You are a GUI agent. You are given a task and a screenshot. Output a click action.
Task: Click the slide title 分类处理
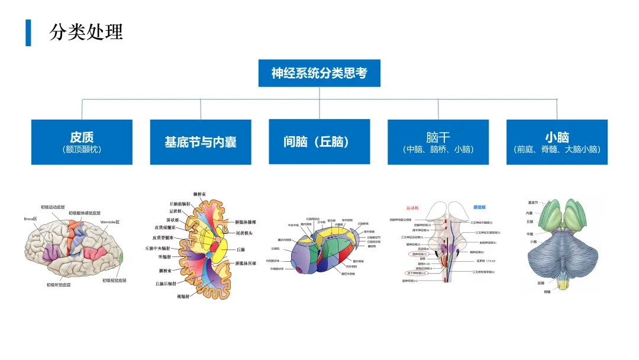tap(86, 31)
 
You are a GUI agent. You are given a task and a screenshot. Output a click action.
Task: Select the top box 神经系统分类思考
tap(319, 73)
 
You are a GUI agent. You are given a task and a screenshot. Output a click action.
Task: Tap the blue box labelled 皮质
tap(82, 142)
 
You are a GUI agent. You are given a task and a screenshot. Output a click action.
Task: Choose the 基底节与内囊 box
tap(201, 142)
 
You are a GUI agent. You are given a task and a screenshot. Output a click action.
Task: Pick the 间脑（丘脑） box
tap(319, 142)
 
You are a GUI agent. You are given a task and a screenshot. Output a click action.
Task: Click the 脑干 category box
tap(438, 142)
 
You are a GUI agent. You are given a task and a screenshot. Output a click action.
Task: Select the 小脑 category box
tap(557, 142)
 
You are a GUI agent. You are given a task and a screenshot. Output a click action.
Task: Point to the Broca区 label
tap(30, 218)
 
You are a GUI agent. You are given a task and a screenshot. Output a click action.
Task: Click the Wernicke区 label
tap(110, 222)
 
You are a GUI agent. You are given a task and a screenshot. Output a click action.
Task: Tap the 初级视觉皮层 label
tap(114, 280)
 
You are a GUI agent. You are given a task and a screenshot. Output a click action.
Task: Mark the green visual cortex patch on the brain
tap(121, 258)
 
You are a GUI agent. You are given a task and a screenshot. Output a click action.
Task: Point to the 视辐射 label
tap(183, 295)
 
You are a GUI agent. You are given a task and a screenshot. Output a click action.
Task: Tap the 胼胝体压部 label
tap(246, 263)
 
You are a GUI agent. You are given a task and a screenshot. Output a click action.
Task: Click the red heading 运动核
tap(412, 208)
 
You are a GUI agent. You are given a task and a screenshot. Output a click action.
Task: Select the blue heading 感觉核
tap(480, 207)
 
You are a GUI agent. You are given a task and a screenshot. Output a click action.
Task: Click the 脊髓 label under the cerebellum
tap(547, 291)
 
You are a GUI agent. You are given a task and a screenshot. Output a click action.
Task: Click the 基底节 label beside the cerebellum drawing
tap(533, 203)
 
